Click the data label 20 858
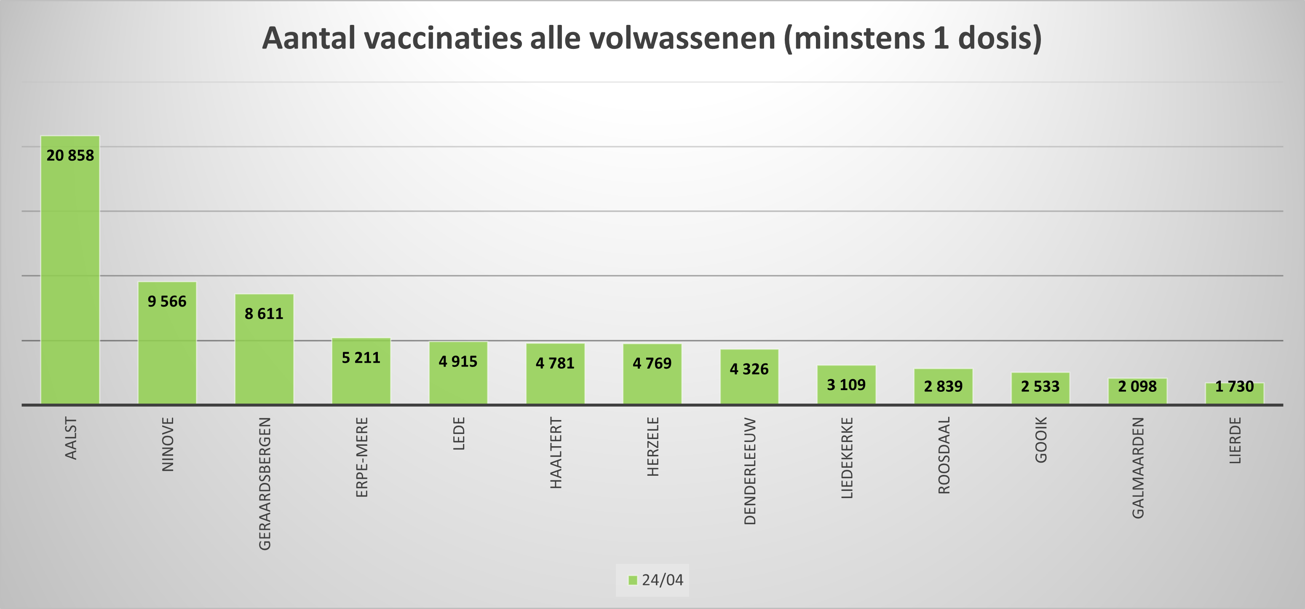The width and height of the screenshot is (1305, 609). pos(70,156)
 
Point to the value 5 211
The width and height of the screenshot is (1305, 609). pos(361,358)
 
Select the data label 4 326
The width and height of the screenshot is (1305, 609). pos(749,369)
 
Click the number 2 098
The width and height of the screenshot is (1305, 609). pos(1137,387)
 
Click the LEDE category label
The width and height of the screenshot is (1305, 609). pos(458,434)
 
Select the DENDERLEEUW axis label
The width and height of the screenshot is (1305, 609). pos(750,471)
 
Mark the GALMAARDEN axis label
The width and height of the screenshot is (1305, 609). pos(1138,468)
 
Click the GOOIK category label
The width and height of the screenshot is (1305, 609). pos(1040,439)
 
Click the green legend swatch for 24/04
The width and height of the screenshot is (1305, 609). pos(632,580)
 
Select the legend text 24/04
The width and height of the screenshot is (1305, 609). pos(662,580)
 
